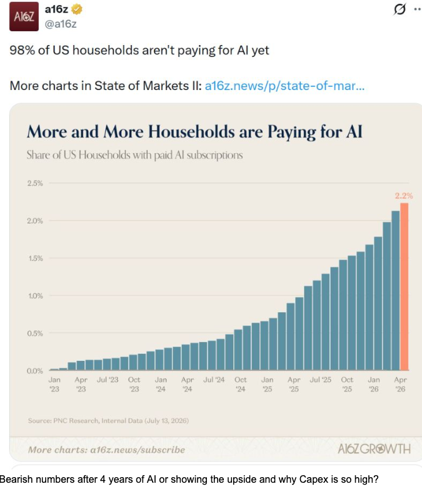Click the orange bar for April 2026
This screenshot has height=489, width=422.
click(404, 286)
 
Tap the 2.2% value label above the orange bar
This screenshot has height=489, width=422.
click(404, 196)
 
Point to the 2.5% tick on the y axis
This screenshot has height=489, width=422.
click(35, 183)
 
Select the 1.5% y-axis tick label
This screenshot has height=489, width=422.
click(35, 258)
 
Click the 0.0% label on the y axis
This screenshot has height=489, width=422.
click(35, 371)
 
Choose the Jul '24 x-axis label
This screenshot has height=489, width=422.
click(214, 380)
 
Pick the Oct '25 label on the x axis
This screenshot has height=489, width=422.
click(347, 384)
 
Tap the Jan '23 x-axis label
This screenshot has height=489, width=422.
click(54, 384)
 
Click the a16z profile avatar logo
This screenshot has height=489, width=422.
click(24, 16)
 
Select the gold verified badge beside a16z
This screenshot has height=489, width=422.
click(77, 9)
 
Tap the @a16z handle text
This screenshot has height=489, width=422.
click(61, 24)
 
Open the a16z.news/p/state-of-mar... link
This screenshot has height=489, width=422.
click(284, 86)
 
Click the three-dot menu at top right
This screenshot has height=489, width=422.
click(418, 9)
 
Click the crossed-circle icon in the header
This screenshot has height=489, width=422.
click(399, 9)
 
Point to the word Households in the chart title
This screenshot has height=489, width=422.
click(191, 131)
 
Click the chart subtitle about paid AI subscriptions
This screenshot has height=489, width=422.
click(134, 154)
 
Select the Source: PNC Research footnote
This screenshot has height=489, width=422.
click(108, 421)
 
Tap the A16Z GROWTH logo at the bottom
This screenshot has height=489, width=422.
click(374, 449)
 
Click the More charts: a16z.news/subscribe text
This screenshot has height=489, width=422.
click(106, 450)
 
